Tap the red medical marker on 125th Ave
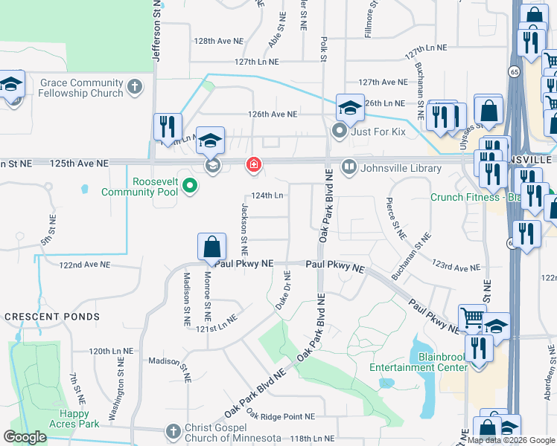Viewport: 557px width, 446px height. point(253,164)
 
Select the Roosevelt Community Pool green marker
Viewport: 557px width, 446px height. point(189,186)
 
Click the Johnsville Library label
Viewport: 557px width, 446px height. point(401,168)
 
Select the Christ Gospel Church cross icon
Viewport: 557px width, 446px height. point(173,430)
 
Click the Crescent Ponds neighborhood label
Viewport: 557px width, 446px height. point(52,317)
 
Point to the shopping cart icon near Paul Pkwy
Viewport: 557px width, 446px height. point(472,319)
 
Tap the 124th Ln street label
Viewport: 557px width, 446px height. point(267,195)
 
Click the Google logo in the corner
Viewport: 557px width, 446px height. point(25,437)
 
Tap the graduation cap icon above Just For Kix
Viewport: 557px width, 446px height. point(349,109)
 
